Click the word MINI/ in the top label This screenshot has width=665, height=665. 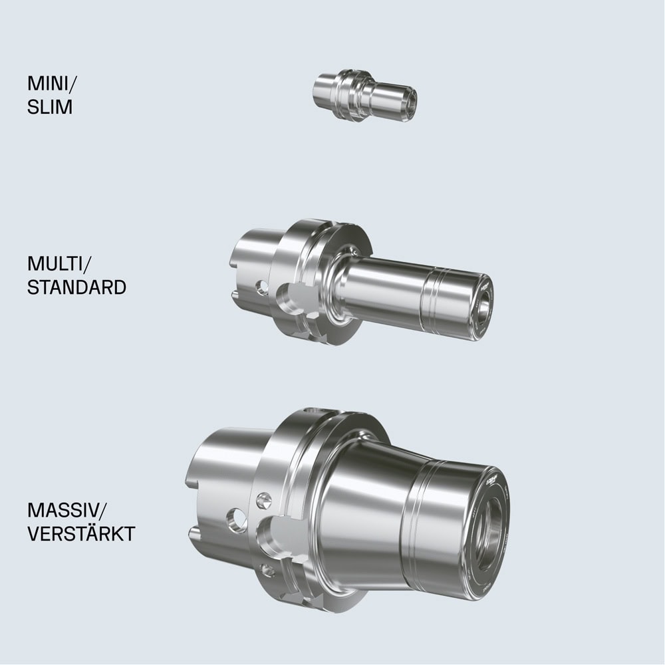click(53, 84)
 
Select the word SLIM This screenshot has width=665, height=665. click(50, 107)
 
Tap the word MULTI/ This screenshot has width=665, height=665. click(59, 264)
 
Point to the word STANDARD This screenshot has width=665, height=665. click(76, 287)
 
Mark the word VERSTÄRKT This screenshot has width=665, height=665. click(81, 533)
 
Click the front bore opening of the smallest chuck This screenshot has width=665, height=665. click(410, 101)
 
